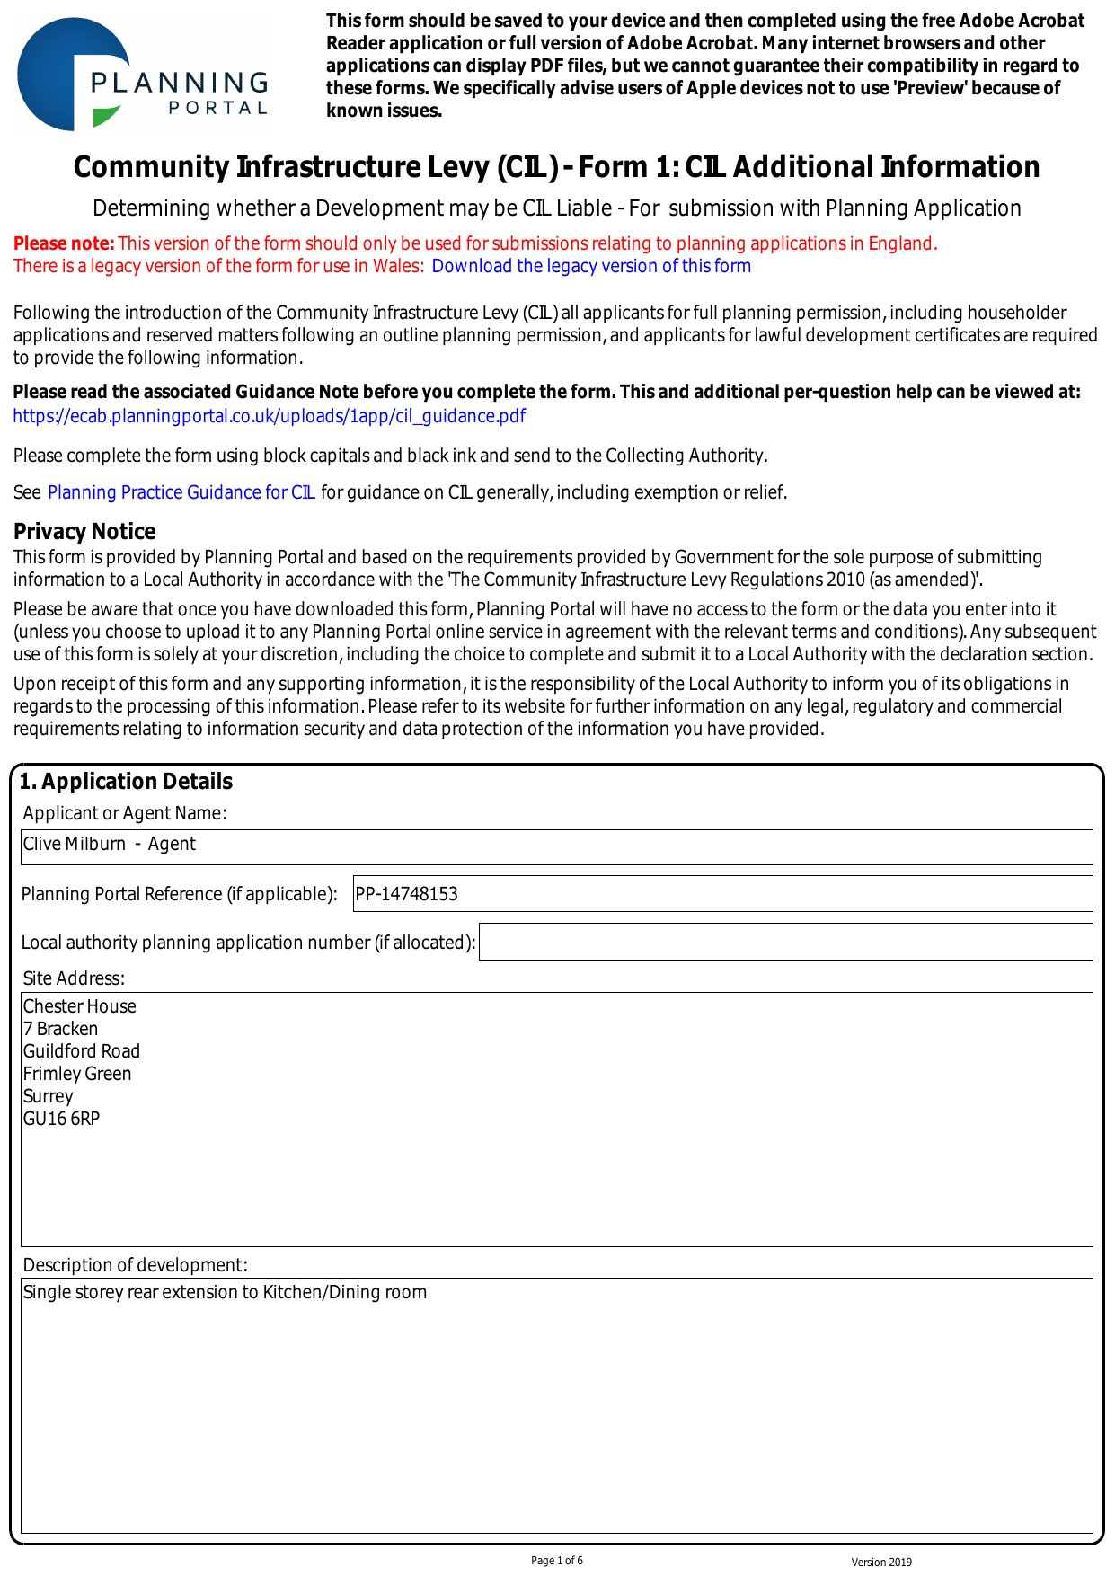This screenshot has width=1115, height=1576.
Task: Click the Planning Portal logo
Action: click(x=142, y=75)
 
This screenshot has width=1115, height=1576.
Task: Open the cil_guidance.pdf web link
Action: click(x=269, y=416)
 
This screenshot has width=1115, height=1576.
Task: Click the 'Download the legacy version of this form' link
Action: click(x=591, y=266)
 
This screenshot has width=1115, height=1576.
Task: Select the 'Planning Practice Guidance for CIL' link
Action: click(x=181, y=492)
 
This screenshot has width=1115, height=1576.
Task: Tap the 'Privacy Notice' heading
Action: click(x=84, y=531)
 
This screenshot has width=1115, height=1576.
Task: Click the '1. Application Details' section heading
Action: click(x=126, y=782)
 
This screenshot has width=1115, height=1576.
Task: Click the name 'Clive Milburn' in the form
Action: click(x=75, y=845)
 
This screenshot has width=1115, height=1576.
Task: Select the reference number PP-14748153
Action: click(x=407, y=894)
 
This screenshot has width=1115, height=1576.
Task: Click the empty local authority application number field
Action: click(x=785, y=942)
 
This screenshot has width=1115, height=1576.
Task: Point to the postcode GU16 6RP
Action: click(x=61, y=1119)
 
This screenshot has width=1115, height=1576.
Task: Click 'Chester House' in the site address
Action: click(x=80, y=1006)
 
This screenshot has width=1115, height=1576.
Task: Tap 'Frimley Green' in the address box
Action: click(x=77, y=1074)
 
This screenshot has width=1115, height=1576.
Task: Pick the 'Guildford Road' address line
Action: click(x=82, y=1051)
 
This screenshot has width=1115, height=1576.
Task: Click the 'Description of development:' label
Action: click(x=135, y=1265)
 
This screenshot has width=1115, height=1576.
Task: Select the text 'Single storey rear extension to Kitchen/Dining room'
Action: click(x=225, y=1292)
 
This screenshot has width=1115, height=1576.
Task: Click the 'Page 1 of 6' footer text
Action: click(x=557, y=1561)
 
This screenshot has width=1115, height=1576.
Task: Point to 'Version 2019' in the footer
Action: click(x=881, y=1563)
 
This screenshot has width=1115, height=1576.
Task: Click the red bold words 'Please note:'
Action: click(x=64, y=243)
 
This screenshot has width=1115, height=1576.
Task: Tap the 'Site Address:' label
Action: click(x=74, y=978)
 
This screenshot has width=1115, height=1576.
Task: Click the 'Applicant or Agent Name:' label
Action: click(x=125, y=813)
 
